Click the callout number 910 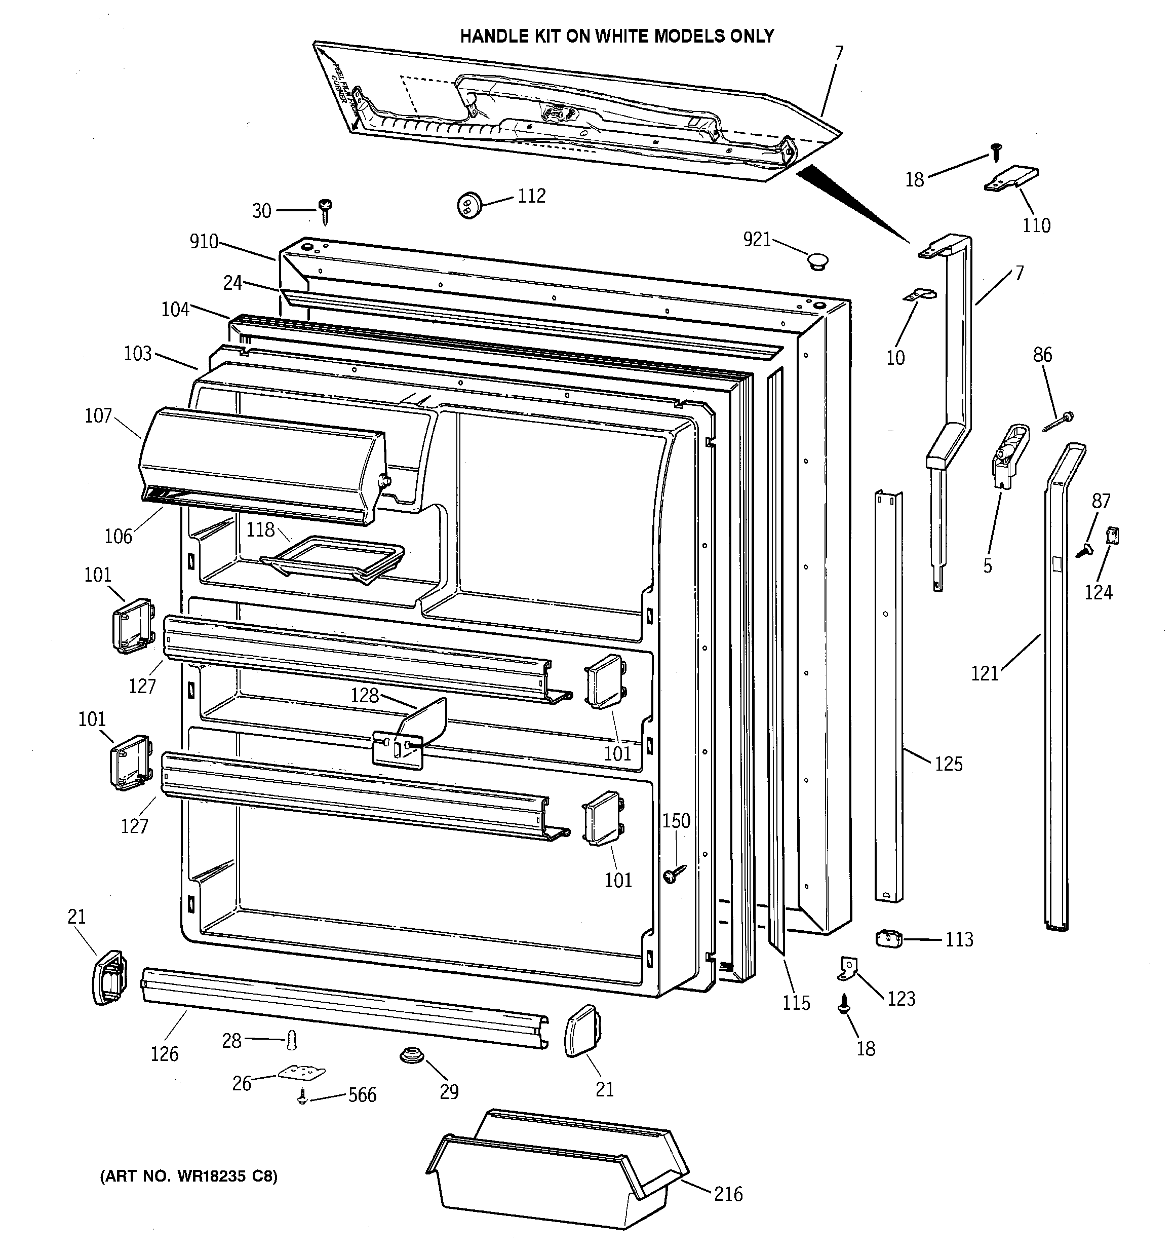point(204,242)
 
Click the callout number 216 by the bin point(728,1194)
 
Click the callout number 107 point(98,415)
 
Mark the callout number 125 point(949,764)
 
